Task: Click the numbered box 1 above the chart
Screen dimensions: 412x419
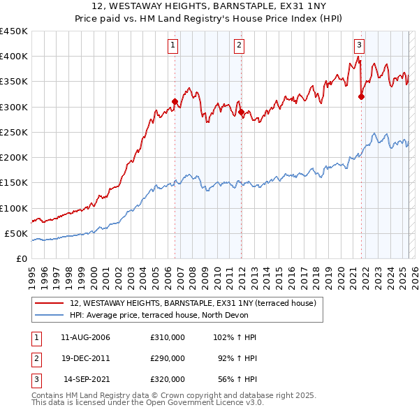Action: [172, 46]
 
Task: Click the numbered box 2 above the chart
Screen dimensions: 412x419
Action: [239, 46]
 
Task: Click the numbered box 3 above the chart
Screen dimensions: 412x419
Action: [359, 46]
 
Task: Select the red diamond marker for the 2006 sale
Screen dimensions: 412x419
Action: [175, 102]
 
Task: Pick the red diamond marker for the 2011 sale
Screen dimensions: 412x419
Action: [241, 112]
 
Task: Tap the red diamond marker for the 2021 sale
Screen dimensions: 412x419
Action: [361, 97]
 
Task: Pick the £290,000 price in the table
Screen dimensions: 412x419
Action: [168, 358]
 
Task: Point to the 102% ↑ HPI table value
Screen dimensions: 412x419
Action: [234, 337]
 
